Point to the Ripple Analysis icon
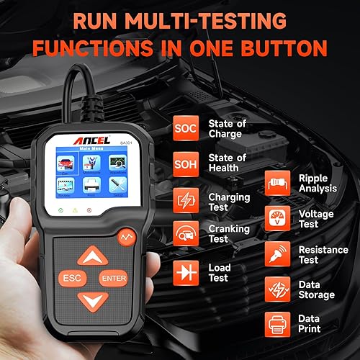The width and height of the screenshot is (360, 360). point(278,183)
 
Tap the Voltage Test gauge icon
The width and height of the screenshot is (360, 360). point(278,218)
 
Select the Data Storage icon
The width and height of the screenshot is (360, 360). point(278,289)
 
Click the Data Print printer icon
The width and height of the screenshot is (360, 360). point(278,325)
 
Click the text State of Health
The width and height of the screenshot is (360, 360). point(227,163)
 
